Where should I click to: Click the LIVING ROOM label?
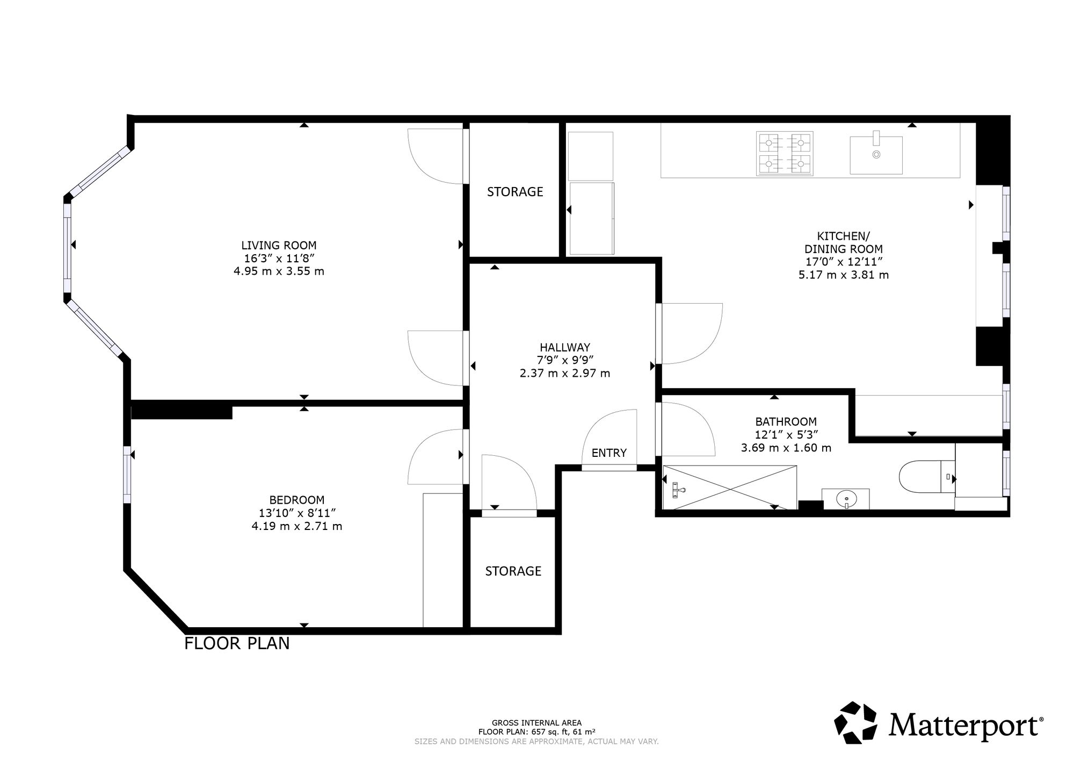pos(279,246)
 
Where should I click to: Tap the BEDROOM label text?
pos(297,500)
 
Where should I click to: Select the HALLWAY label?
pos(565,347)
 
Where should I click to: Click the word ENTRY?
pos(609,453)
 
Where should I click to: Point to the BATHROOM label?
pos(786,422)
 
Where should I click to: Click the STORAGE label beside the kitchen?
pos(515,192)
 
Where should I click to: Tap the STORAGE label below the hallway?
pos(513,571)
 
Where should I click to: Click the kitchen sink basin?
pos(876,155)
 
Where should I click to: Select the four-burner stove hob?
pos(785,154)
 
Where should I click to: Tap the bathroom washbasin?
pos(846,499)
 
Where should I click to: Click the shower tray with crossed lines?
pos(730,487)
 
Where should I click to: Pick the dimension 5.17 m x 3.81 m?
pos(844,275)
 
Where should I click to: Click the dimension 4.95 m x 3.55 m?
pos(279,271)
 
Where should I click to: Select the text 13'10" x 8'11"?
pos(297,513)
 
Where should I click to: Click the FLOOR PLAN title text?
pos(237,643)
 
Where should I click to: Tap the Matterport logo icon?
pos(856,723)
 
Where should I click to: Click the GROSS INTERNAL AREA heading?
pos(536,723)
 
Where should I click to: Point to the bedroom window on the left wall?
pos(127,475)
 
